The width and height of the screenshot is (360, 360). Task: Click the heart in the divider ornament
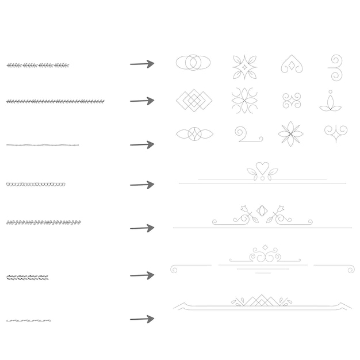click(x=262, y=168)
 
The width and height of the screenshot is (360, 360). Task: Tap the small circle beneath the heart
click(x=262, y=179)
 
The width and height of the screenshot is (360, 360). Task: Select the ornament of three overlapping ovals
click(x=193, y=63)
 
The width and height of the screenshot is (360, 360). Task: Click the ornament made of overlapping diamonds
click(x=194, y=101)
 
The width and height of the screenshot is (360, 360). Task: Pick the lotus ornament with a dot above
click(x=330, y=102)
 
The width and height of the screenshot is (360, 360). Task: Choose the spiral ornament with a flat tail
click(x=247, y=135)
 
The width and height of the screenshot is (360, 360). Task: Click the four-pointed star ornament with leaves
click(x=244, y=67)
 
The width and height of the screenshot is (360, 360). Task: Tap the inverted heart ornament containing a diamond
click(x=292, y=65)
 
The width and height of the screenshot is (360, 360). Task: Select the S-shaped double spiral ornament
click(x=335, y=68)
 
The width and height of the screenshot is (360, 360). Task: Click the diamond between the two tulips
click(x=262, y=210)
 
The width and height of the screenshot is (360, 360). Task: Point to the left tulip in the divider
click(x=244, y=209)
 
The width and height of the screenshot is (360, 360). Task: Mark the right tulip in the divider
click(x=281, y=209)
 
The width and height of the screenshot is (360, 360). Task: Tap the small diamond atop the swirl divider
click(x=265, y=247)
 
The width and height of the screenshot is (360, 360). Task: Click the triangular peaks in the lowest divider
click(x=262, y=300)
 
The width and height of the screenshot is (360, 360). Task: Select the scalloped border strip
click(x=36, y=185)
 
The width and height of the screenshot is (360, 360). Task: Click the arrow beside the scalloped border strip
click(x=142, y=185)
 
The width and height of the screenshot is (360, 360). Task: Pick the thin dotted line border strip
click(x=43, y=145)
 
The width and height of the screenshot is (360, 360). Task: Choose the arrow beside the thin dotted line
click(x=142, y=144)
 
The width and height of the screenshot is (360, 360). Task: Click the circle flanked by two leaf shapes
click(x=194, y=134)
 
